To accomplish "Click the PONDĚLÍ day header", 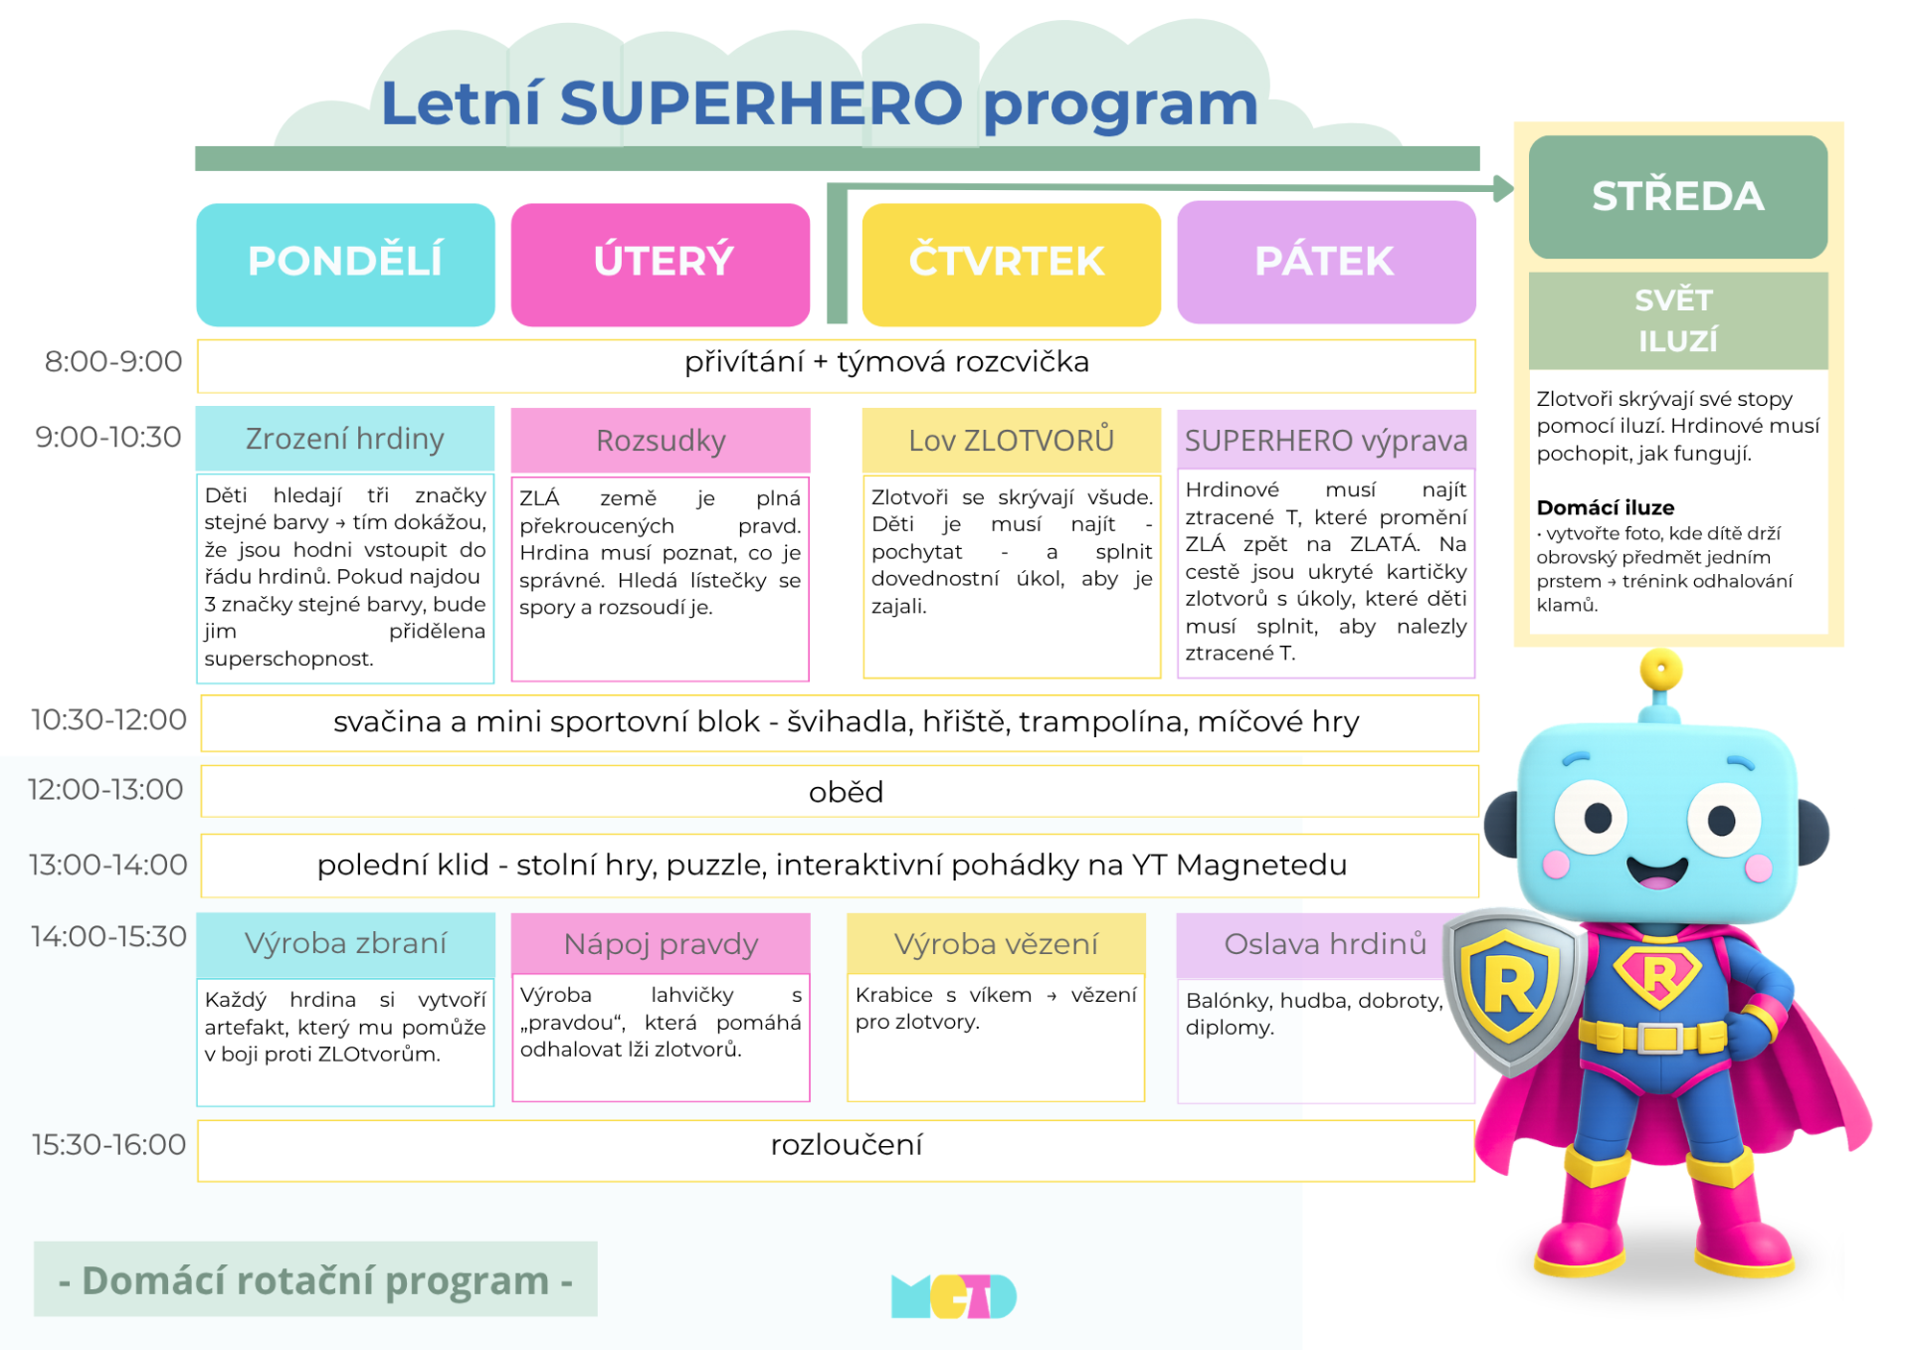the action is [345, 265].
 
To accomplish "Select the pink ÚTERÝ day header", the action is [661, 265].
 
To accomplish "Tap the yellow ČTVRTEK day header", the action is [1011, 265].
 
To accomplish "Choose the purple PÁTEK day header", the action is [1326, 263].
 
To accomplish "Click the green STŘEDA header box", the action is [1678, 197].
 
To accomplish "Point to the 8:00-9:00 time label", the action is [113, 361].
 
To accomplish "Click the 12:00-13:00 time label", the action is [105, 789].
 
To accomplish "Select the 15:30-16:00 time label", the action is [108, 1144].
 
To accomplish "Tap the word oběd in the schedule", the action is [846, 792].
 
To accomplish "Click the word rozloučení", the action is [847, 1144].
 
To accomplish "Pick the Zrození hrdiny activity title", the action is [345, 439].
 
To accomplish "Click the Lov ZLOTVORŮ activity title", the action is [1011, 440].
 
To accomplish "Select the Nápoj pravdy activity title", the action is [661, 943].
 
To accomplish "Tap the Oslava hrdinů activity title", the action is [1325, 943].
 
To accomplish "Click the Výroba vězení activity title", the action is [996, 943].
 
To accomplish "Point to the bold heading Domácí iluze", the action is [1605, 507].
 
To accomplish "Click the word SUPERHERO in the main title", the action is [761, 102].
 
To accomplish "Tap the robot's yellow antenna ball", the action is [1660, 670].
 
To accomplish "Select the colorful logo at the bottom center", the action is [954, 1296].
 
